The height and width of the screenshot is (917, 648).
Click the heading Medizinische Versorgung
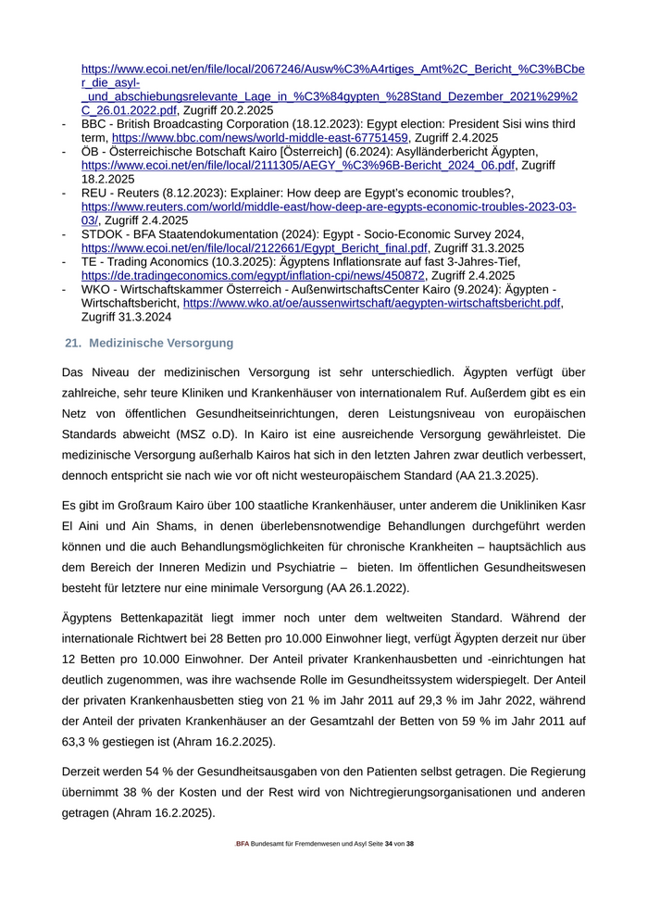(x=161, y=343)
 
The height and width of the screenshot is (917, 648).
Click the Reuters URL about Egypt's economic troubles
(x=329, y=207)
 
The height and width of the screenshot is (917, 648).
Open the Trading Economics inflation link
(x=253, y=275)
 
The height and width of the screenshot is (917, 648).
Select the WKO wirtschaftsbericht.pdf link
(x=371, y=303)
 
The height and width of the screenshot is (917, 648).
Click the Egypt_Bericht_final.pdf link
(x=254, y=248)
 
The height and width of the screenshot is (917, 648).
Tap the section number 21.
(x=73, y=343)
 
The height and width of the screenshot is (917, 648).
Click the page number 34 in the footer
(x=388, y=844)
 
